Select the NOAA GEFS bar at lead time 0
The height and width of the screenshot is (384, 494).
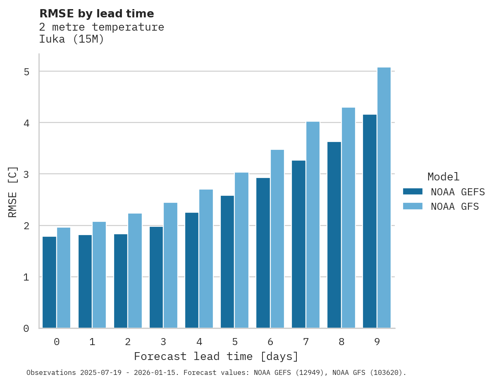(50, 282)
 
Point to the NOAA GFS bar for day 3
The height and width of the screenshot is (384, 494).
(170, 265)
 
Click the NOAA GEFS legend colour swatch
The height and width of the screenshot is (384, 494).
(413, 192)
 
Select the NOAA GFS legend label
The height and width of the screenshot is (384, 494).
(455, 206)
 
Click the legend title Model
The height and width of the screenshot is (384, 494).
(443, 177)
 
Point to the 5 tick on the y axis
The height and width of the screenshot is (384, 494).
(26, 72)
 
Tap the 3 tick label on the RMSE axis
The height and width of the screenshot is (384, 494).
(26, 174)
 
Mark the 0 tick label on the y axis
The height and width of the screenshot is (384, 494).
(26, 329)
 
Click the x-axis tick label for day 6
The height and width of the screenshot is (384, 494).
(270, 342)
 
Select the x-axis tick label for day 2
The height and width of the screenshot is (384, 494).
(128, 342)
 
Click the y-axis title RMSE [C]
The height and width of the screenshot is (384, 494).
(13, 192)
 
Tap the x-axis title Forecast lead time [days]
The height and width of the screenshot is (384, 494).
(216, 356)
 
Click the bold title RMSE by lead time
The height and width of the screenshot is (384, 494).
(96, 14)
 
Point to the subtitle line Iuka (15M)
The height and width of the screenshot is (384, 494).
(72, 39)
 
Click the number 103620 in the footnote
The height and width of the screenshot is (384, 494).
(386, 373)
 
